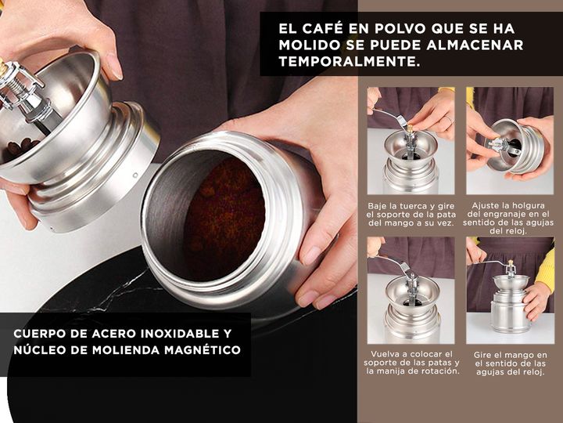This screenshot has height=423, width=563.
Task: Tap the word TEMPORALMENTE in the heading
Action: click(349, 62)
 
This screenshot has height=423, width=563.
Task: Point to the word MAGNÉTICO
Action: click(203, 349)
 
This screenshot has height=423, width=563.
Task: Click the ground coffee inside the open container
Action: click(224, 219)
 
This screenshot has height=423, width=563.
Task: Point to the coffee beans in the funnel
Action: click(21, 146)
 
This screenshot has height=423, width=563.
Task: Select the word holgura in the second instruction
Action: click(531, 206)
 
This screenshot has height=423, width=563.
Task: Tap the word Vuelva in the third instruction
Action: click(384, 354)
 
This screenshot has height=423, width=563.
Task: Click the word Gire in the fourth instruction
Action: click(482, 355)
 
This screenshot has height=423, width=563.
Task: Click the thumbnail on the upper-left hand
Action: click(115, 66)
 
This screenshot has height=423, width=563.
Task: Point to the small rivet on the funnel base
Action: click(135, 175)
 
